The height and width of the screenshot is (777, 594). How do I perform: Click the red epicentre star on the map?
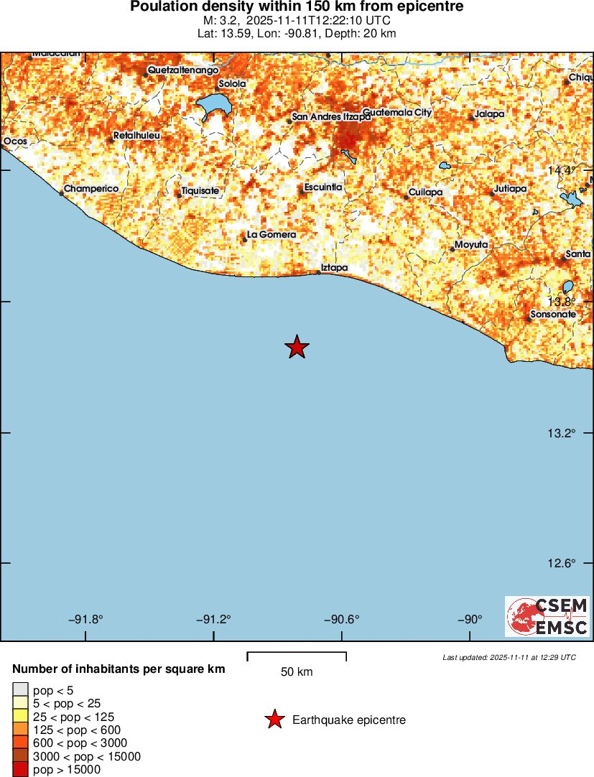pyautogui.click(x=297, y=347)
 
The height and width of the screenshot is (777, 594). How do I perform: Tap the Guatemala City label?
pyautogui.click(x=397, y=113)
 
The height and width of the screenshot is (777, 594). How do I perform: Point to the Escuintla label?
pyautogui.click(x=322, y=187)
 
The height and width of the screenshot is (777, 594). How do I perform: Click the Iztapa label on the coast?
pyautogui.click(x=334, y=268)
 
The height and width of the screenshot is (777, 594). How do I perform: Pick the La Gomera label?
pyautogui.click(x=271, y=235)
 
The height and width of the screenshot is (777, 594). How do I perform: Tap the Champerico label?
pyautogui.click(x=91, y=189)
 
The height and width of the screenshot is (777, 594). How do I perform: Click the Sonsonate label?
pyautogui.click(x=553, y=315)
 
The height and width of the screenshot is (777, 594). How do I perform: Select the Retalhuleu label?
pyautogui.click(x=136, y=135)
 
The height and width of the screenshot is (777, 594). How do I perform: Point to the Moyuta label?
pyautogui.click(x=471, y=245)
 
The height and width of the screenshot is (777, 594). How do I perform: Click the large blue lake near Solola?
pyautogui.click(x=215, y=108)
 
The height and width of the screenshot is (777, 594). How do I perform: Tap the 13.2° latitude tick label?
pyautogui.click(x=562, y=433)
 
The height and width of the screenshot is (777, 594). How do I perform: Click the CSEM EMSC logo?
pyautogui.click(x=547, y=616)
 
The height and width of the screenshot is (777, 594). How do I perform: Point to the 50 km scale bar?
pyautogui.click(x=297, y=656)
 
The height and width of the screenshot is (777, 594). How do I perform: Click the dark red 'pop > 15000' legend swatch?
pyautogui.click(x=21, y=770)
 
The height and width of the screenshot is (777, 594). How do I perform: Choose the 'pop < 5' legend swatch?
pyautogui.click(x=21, y=690)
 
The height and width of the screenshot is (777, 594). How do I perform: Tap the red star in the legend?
pyautogui.click(x=274, y=720)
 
